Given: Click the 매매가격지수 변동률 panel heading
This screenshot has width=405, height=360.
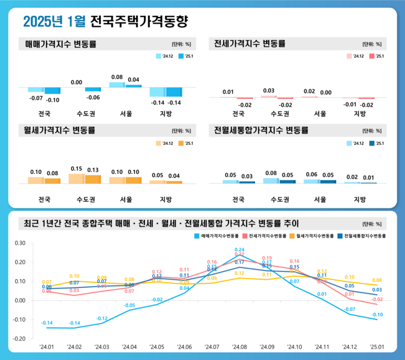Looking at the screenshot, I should click(60, 44).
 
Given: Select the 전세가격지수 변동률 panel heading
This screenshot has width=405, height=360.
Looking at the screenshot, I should click(250, 44).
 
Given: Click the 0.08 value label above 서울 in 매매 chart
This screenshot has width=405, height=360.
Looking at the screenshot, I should click(117, 77).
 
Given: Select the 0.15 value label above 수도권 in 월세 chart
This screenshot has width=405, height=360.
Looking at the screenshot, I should click(76, 169).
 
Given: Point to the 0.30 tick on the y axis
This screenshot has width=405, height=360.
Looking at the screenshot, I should click(20, 243).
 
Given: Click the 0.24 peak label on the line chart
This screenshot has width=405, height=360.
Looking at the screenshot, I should click(239, 249).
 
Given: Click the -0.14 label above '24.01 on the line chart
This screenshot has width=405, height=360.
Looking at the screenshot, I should click(47, 323).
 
